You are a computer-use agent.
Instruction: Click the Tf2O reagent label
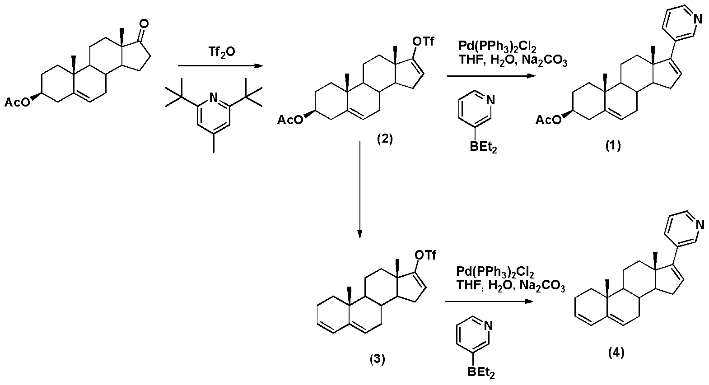click(x=222, y=51)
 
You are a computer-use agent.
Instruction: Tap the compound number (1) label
click(x=613, y=145)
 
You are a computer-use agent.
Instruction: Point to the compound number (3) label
click(x=378, y=359)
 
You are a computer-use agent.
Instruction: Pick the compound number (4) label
click(x=616, y=352)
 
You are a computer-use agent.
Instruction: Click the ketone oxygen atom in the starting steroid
click(x=144, y=23)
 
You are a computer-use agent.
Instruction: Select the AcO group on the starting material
click(x=17, y=102)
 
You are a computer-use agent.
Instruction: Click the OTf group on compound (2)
click(x=424, y=42)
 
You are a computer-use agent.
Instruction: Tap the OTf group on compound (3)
click(x=425, y=255)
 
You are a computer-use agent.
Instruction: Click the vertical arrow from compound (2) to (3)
click(x=359, y=190)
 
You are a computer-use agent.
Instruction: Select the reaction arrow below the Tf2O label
click(x=221, y=66)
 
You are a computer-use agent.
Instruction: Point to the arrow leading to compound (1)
click(x=491, y=76)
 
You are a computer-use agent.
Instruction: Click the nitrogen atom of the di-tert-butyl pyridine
click(x=214, y=98)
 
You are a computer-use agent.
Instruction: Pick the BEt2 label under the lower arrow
click(x=481, y=373)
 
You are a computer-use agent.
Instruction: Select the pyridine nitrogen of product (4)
click(x=700, y=225)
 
